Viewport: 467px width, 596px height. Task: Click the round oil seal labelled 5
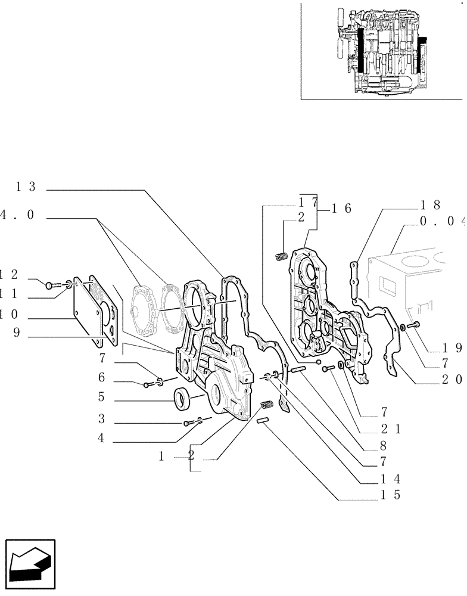click(182, 398)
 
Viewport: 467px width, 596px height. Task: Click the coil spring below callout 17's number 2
click(281, 256)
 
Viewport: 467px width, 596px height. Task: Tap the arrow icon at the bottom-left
click(30, 563)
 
